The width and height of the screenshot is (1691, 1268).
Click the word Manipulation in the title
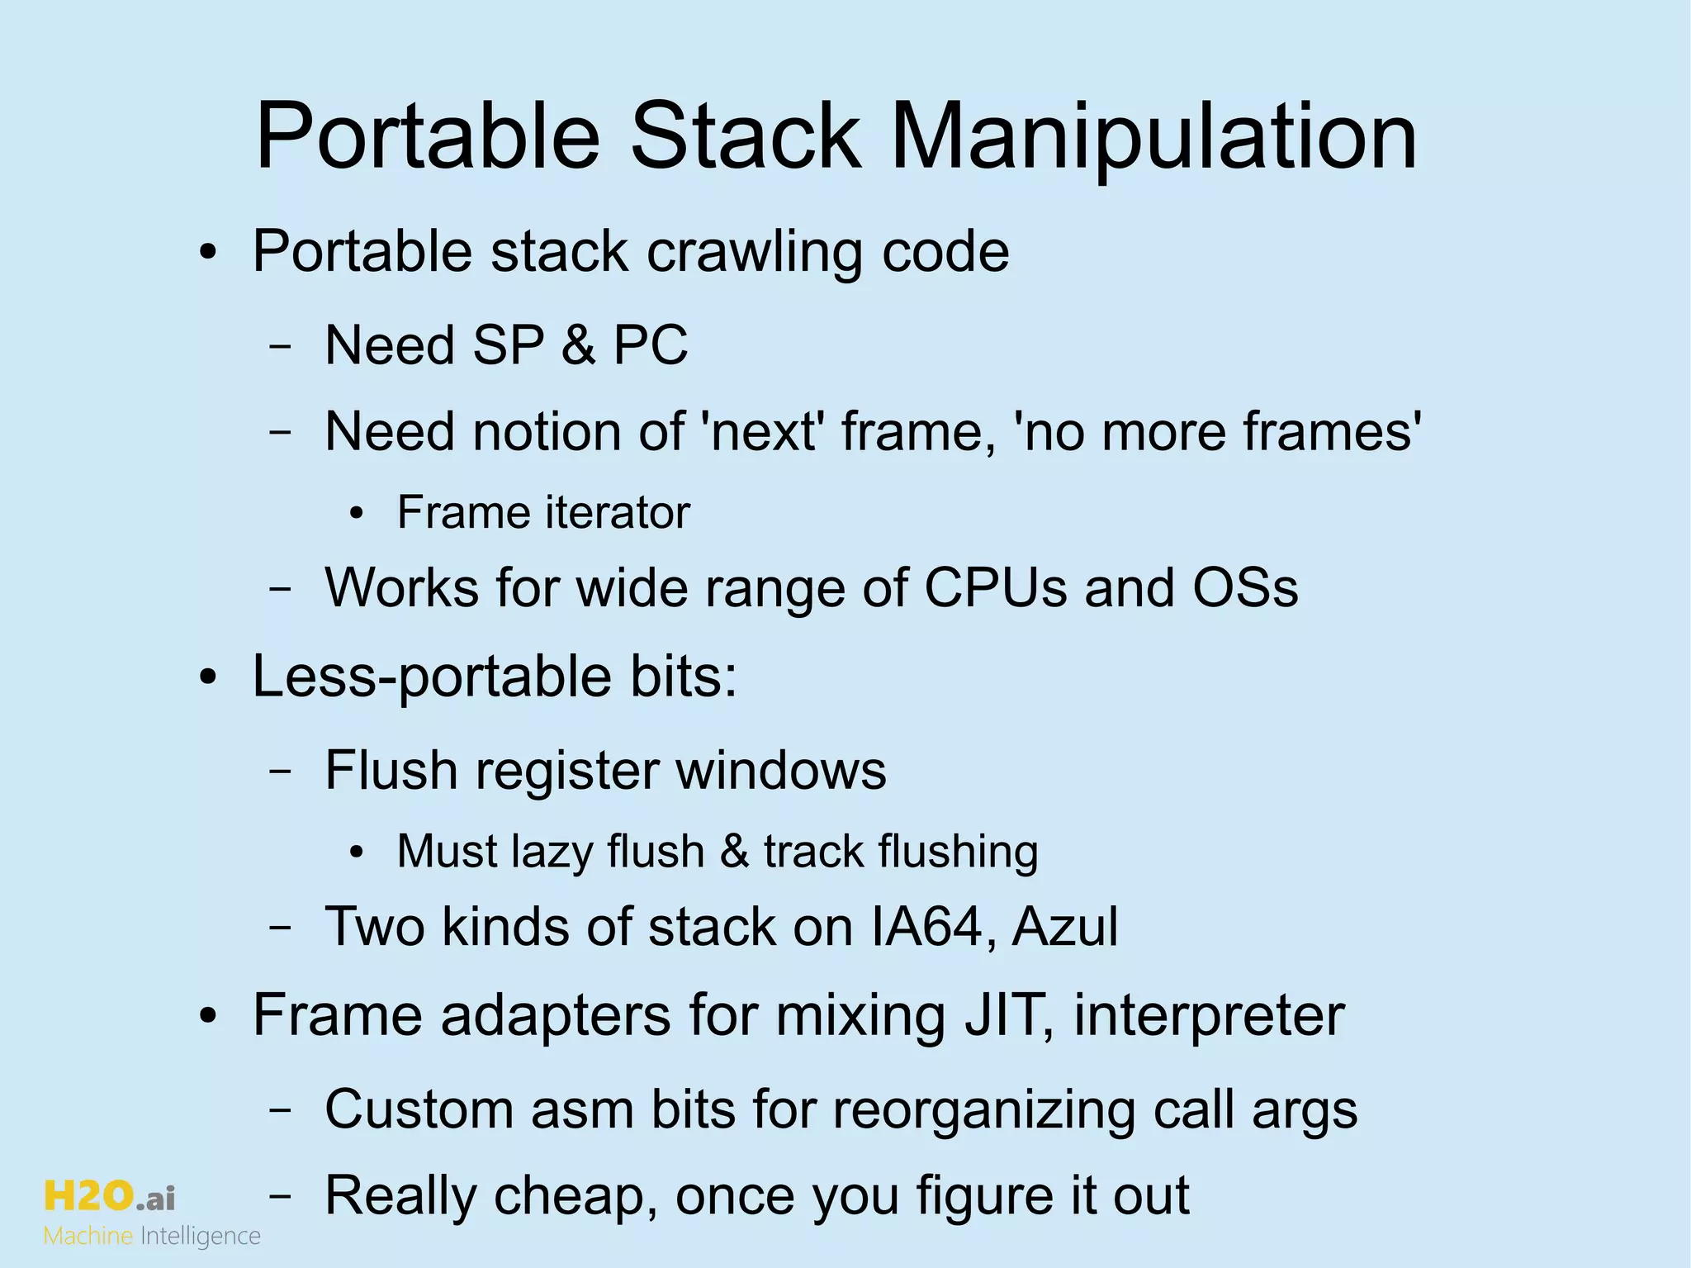click(x=1153, y=136)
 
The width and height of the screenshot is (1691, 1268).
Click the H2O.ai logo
click(x=109, y=1195)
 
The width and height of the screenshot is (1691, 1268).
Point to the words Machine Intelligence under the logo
click(x=152, y=1237)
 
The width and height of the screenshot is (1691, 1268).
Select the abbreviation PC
click(x=650, y=344)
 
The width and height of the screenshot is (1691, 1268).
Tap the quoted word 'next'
click(x=763, y=431)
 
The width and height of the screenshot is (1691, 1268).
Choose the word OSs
click(x=1245, y=587)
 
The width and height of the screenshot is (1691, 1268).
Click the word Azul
click(x=1065, y=926)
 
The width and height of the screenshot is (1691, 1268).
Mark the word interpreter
click(x=1209, y=1016)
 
